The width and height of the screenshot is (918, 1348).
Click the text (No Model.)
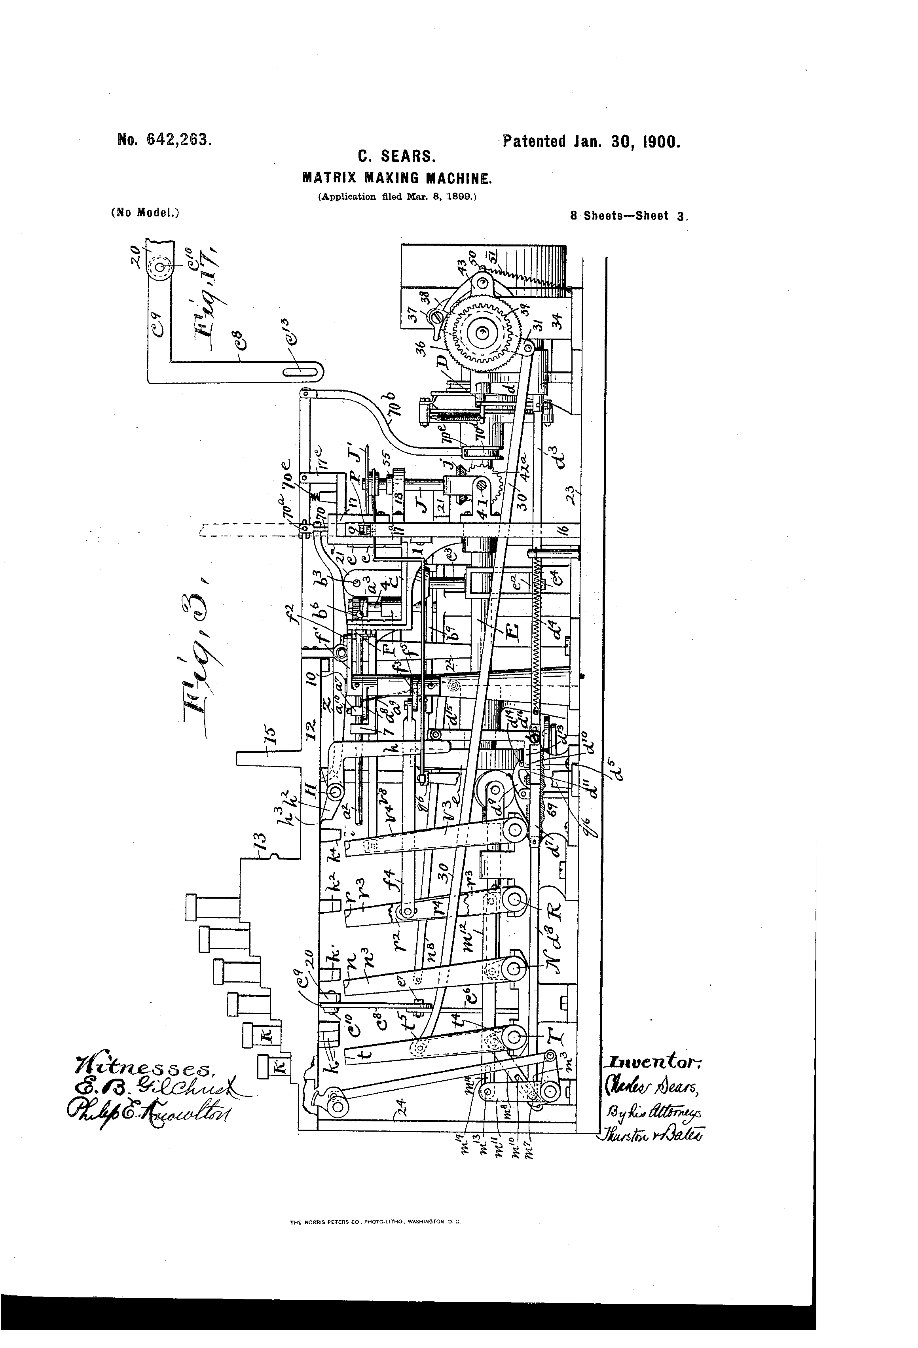144,212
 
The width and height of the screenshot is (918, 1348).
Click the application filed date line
397,197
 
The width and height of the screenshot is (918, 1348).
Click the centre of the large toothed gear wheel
481,333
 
